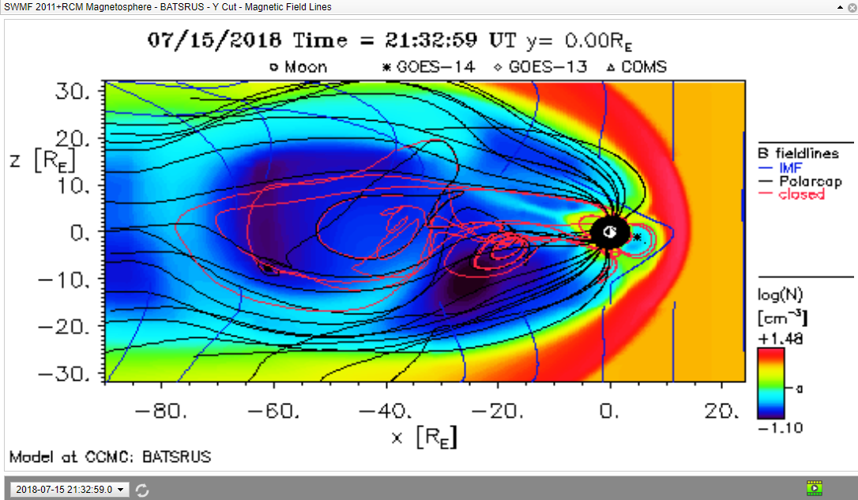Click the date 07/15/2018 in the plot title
(214, 40)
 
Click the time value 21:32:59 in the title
(431, 40)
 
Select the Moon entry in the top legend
(299, 67)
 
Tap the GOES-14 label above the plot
(429, 66)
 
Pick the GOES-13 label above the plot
(540, 66)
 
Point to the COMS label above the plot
(637, 66)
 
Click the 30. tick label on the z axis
(72, 91)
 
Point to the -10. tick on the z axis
(64, 280)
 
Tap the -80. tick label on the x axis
(161, 410)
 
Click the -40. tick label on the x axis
(386, 410)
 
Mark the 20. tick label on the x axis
(722, 410)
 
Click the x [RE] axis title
(424, 437)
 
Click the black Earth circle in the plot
(610, 232)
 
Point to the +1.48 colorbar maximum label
(781, 339)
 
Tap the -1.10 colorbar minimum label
(781, 428)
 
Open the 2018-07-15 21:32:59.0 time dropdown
(70, 490)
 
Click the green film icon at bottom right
(815, 487)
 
